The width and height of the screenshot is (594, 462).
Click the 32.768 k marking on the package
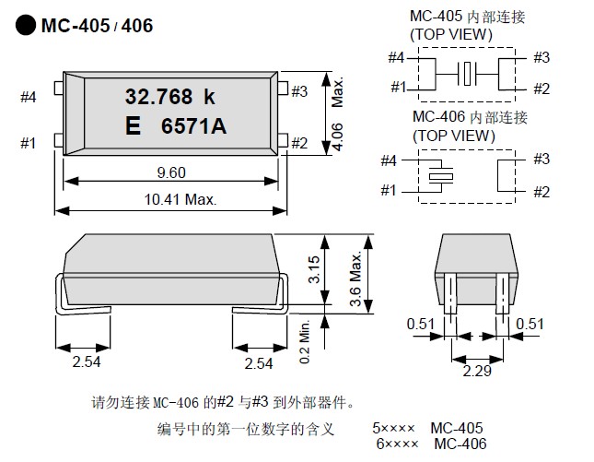click(x=169, y=95)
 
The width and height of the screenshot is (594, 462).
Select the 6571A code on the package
click(x=193, y=128)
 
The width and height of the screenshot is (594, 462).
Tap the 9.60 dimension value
click(x=171, y=172)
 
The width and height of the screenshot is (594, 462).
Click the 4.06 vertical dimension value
click(x=338, y=136)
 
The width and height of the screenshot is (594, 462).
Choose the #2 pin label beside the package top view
click(x=298, y=143)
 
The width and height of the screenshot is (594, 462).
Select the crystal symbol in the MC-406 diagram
click(x=440, y=174)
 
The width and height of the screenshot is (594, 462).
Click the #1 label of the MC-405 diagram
click(x=398, y=87)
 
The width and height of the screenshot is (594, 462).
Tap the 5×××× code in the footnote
click(x=394, y=429)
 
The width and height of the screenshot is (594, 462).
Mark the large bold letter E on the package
click(x=133, y=128)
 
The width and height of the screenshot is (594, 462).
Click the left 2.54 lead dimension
click(x=87, y=362)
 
